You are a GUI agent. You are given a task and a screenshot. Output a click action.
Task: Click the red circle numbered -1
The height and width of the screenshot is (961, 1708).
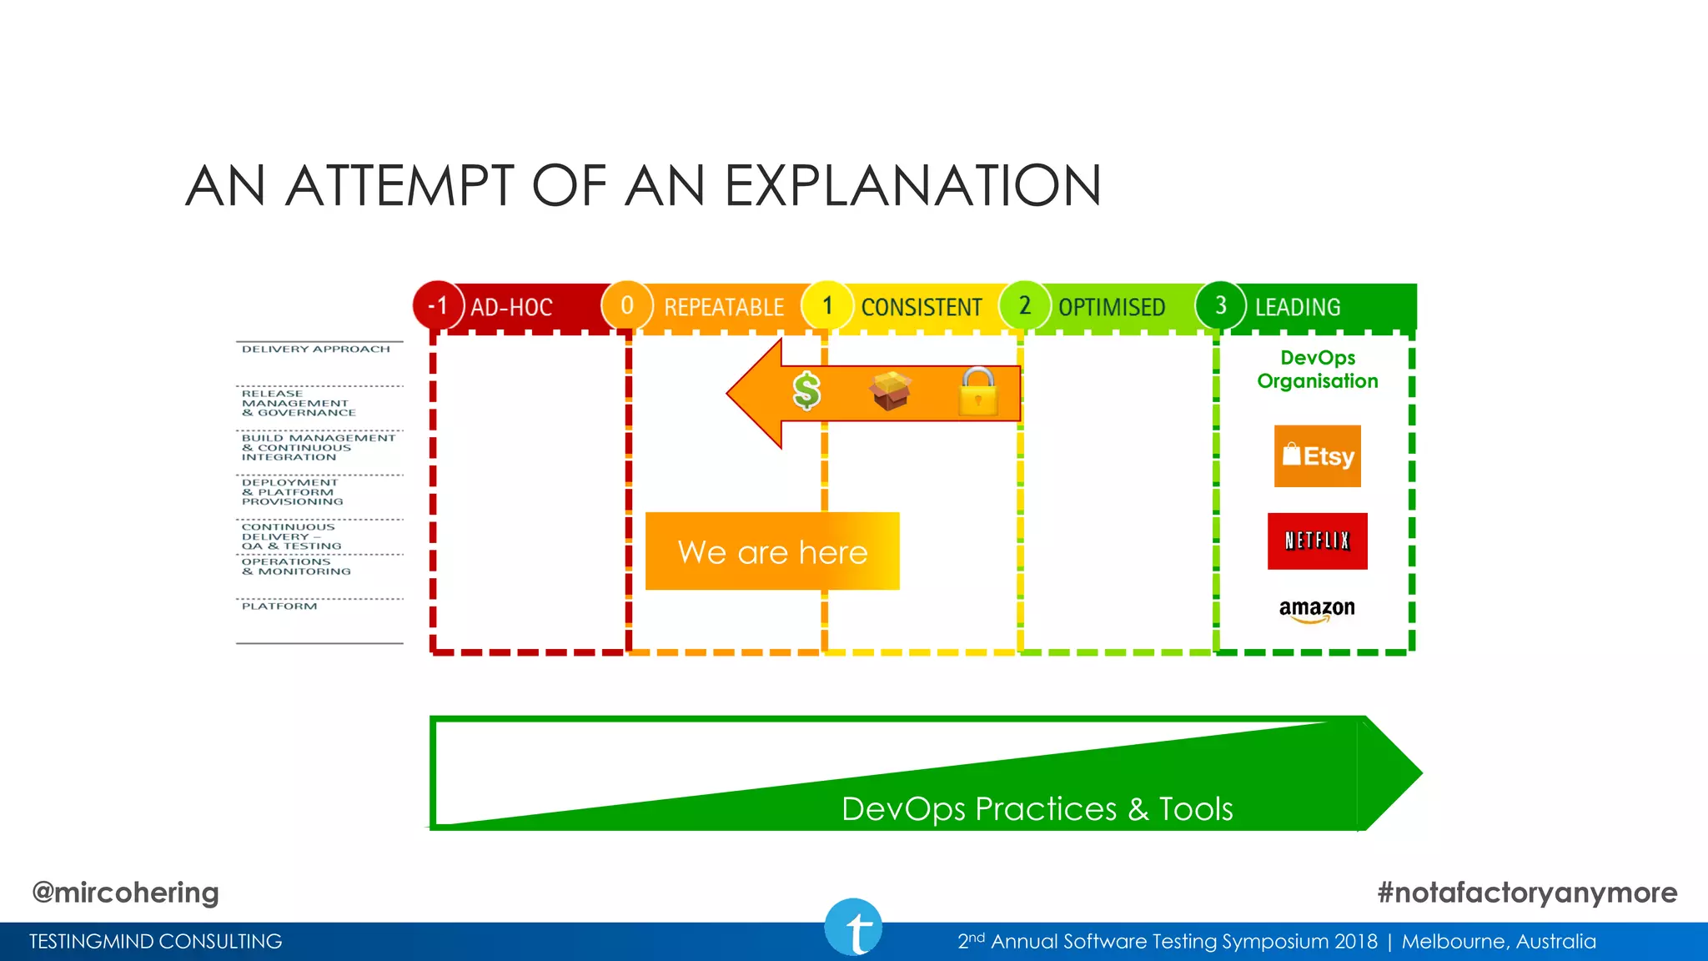[438, 306]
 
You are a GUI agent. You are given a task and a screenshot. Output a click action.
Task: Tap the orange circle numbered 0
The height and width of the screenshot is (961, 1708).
[626, 305]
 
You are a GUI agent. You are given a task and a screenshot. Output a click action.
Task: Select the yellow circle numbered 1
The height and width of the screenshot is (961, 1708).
[826, 305]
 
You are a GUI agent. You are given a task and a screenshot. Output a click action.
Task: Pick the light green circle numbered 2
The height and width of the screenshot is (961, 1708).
[1024, 305]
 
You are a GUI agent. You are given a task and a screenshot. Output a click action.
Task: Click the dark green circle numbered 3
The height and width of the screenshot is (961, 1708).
[1220, 305]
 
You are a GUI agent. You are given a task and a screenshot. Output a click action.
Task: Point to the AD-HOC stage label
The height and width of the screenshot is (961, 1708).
[511, 307]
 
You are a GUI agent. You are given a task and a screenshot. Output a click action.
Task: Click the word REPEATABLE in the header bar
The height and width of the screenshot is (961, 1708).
[723, 307]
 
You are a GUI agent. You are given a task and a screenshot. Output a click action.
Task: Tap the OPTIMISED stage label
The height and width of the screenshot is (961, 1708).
[1111, 307]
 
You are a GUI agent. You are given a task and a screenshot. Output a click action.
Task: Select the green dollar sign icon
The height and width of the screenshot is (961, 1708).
[806, 390]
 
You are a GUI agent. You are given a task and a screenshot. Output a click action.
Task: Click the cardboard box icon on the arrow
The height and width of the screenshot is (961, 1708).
[891, 390]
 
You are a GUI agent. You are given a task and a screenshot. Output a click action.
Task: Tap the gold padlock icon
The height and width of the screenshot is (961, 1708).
[977, 391]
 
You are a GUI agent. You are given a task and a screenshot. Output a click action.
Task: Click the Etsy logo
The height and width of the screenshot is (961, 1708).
[1317, 456]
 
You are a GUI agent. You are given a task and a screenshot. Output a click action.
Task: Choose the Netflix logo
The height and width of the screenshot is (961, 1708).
[1317, 541]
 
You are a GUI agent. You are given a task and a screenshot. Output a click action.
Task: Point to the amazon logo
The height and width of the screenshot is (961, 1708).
[1317, 609]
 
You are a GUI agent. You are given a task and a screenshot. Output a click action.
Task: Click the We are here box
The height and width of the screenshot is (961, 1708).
[772, 551]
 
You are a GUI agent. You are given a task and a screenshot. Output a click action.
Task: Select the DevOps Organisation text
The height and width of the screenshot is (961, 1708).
[1317, 370]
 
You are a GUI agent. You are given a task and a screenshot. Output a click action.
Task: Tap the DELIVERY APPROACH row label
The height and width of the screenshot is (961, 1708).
[315, 349]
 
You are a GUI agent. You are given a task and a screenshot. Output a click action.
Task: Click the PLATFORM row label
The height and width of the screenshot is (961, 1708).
[279, 606]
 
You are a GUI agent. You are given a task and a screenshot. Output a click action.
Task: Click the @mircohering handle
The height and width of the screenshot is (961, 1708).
[125, 892]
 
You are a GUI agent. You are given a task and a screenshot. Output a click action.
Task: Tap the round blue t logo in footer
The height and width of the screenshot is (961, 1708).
[853, 928]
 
